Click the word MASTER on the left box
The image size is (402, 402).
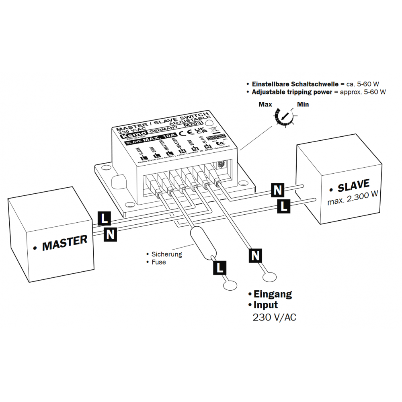[65, 242]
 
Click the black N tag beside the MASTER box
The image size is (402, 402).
[111, 234]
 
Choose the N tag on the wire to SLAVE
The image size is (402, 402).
[277, 190]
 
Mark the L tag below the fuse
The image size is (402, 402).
[219, 267]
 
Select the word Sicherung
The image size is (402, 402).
[166, 254]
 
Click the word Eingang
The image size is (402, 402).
[273, 294]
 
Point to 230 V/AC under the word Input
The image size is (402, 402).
[274, 317]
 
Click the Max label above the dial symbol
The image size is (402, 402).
[265, 105]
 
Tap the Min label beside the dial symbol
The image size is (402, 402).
[303, 105]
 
